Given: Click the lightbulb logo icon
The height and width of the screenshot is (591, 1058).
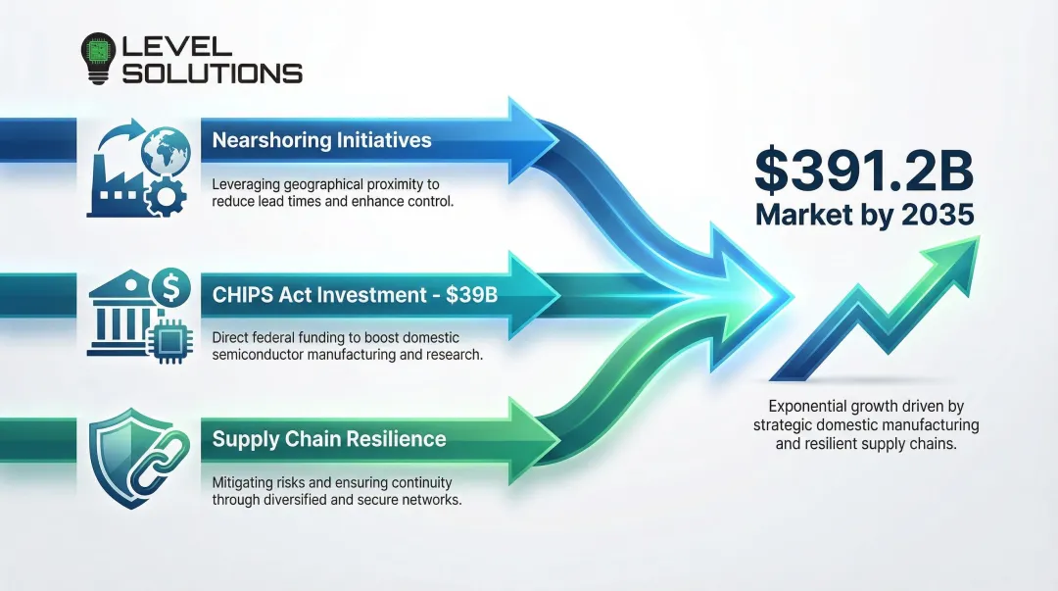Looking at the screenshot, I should [x=99, y=58].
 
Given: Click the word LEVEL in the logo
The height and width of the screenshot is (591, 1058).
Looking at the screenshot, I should [x=175, y=45].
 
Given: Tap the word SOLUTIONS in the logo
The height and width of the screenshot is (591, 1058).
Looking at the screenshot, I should [x=211, y=73].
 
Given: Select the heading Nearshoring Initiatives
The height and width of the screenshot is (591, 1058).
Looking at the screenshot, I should [x=321, y=140].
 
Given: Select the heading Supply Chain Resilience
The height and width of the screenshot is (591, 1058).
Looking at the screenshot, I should [x=328, y=439].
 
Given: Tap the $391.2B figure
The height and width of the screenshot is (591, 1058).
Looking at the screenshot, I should [x=865, y=171].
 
